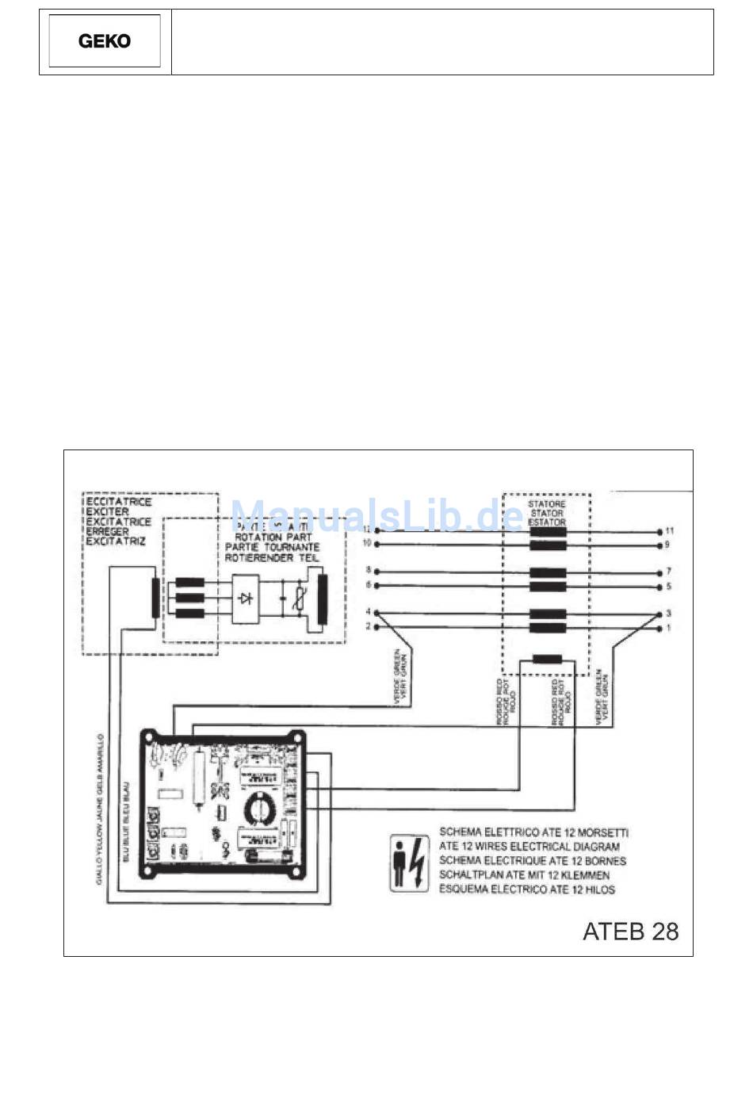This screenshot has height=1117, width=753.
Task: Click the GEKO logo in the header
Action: coord(105,41)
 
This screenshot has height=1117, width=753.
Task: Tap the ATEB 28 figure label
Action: coord(630,931)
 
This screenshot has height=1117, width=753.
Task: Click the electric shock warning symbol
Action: coord(409,863)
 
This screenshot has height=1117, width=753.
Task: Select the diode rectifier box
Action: coord(246,598)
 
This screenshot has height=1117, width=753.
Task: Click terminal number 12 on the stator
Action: coord(366,529)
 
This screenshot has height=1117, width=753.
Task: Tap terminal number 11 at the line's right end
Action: coord(670,530)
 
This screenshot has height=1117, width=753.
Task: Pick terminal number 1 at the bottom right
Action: coord(668,628)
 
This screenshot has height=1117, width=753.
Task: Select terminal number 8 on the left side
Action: coord(368,570)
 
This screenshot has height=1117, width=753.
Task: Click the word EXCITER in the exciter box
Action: coord(107,511)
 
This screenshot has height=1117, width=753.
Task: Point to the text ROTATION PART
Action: coord(273,537)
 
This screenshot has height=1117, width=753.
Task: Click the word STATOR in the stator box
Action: coord(546,513)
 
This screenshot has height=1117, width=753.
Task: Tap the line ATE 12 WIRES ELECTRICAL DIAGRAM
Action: coord(529,847)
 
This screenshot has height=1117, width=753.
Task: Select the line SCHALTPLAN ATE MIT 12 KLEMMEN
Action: coord(524,875)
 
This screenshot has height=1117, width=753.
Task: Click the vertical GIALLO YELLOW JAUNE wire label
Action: coord(101,809)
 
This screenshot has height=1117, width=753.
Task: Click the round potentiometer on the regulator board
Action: coord(258,808)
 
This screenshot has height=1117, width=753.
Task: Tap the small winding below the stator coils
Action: coord(547,658)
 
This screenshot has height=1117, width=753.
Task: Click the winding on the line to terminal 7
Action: coord(548,572)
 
